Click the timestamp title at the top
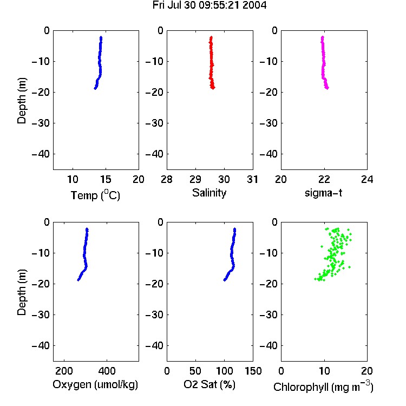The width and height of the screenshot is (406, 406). (209, 5)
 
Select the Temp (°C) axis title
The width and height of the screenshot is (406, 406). (95, 195)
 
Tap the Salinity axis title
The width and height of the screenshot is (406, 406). (209, 193)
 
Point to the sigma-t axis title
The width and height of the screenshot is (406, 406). (323, 193)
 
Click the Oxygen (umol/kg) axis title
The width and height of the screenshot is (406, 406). (95, 384)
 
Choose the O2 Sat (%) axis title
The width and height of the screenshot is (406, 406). (209, 384)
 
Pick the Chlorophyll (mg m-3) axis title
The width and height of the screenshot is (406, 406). (323, 387)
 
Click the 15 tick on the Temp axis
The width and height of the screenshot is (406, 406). (106, 179)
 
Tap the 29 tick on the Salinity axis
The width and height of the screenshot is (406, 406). (195, 179)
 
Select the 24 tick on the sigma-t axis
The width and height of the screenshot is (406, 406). (367, 179)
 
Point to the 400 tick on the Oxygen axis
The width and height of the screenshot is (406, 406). (107, 371)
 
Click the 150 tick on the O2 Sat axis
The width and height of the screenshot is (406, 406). (253, 371)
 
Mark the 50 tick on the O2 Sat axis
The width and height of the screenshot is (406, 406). (195, 371)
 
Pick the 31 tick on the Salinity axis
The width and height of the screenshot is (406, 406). (253, 179)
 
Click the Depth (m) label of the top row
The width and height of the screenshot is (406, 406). (22, 101)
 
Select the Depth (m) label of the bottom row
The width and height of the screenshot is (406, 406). (22, 292)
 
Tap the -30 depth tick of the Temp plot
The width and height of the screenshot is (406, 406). (41, 123)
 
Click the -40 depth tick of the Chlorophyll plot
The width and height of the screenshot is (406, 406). (269, 345)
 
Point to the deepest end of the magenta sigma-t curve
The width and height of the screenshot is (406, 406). (328, 88)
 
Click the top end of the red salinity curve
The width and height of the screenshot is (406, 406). (211, 37)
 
